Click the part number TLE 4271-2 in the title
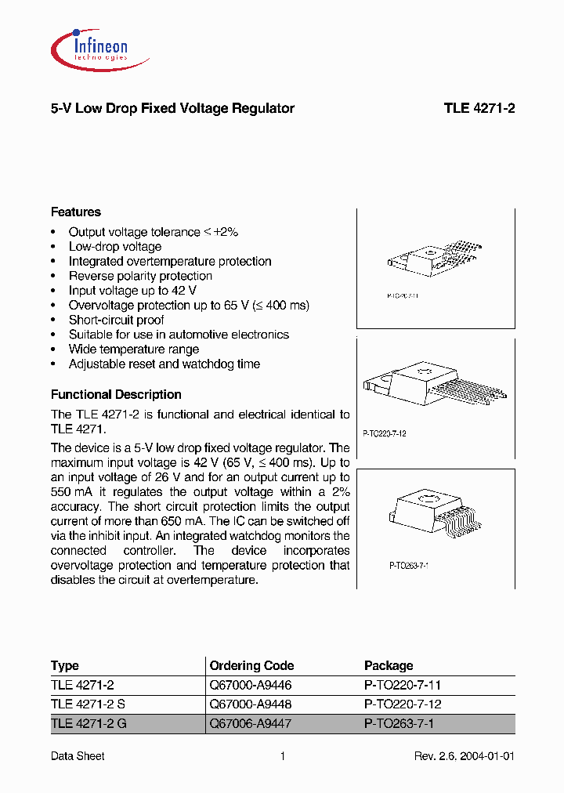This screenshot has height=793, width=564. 479,109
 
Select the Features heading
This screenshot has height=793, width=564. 76,212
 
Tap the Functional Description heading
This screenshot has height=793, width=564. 116,395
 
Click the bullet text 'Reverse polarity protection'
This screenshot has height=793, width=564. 140,277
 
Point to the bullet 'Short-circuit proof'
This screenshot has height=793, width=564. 116,320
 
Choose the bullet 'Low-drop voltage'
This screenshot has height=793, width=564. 114,247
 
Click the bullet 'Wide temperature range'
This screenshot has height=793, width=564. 133,349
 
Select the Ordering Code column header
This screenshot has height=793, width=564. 251,665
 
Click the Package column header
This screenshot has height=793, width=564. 389,665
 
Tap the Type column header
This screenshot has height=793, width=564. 65,665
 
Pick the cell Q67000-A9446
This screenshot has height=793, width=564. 250,685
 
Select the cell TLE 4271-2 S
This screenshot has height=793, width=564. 88,704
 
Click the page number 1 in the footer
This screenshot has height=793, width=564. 282,756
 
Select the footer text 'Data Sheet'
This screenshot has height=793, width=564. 78,756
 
